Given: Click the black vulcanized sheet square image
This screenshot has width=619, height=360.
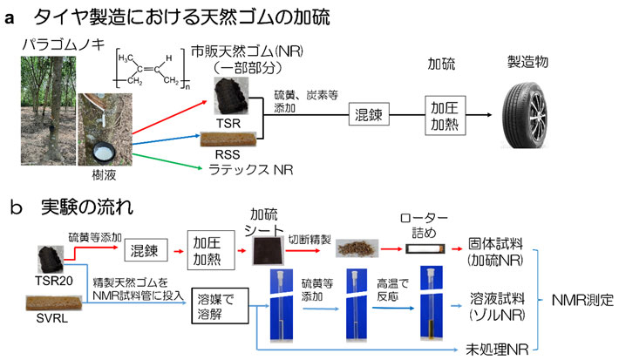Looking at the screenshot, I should (263, 250).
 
